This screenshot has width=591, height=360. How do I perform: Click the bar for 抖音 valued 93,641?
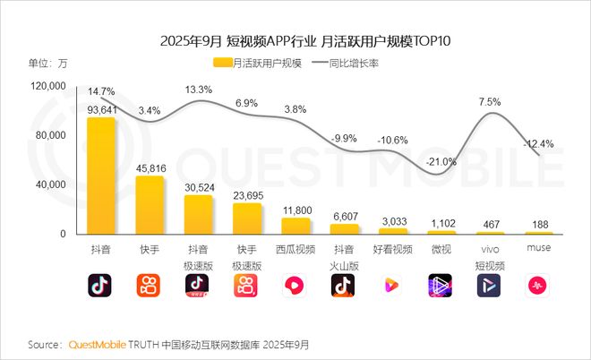tap(100, 176)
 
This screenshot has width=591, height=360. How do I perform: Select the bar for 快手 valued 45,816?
tap(149, 205)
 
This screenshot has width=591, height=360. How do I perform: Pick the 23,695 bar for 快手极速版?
tap(246, 219)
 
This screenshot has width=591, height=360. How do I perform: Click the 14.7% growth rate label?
tap(100, 92)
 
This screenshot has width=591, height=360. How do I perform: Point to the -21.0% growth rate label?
tap(441, 162)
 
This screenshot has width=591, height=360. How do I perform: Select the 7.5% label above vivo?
tap(490, 102)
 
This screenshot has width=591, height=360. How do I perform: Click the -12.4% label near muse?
tap(539, 143)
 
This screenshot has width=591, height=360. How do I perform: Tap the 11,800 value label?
tap(295, 210)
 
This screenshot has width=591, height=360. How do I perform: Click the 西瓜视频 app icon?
tap(295, 285)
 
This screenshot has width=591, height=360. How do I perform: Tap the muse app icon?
tap(539, 285)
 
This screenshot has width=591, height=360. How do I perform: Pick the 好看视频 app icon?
tap(393, 285)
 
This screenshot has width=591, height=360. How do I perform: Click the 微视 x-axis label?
tap(441, 248)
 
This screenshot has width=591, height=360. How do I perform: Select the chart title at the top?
tap(295, 40)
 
